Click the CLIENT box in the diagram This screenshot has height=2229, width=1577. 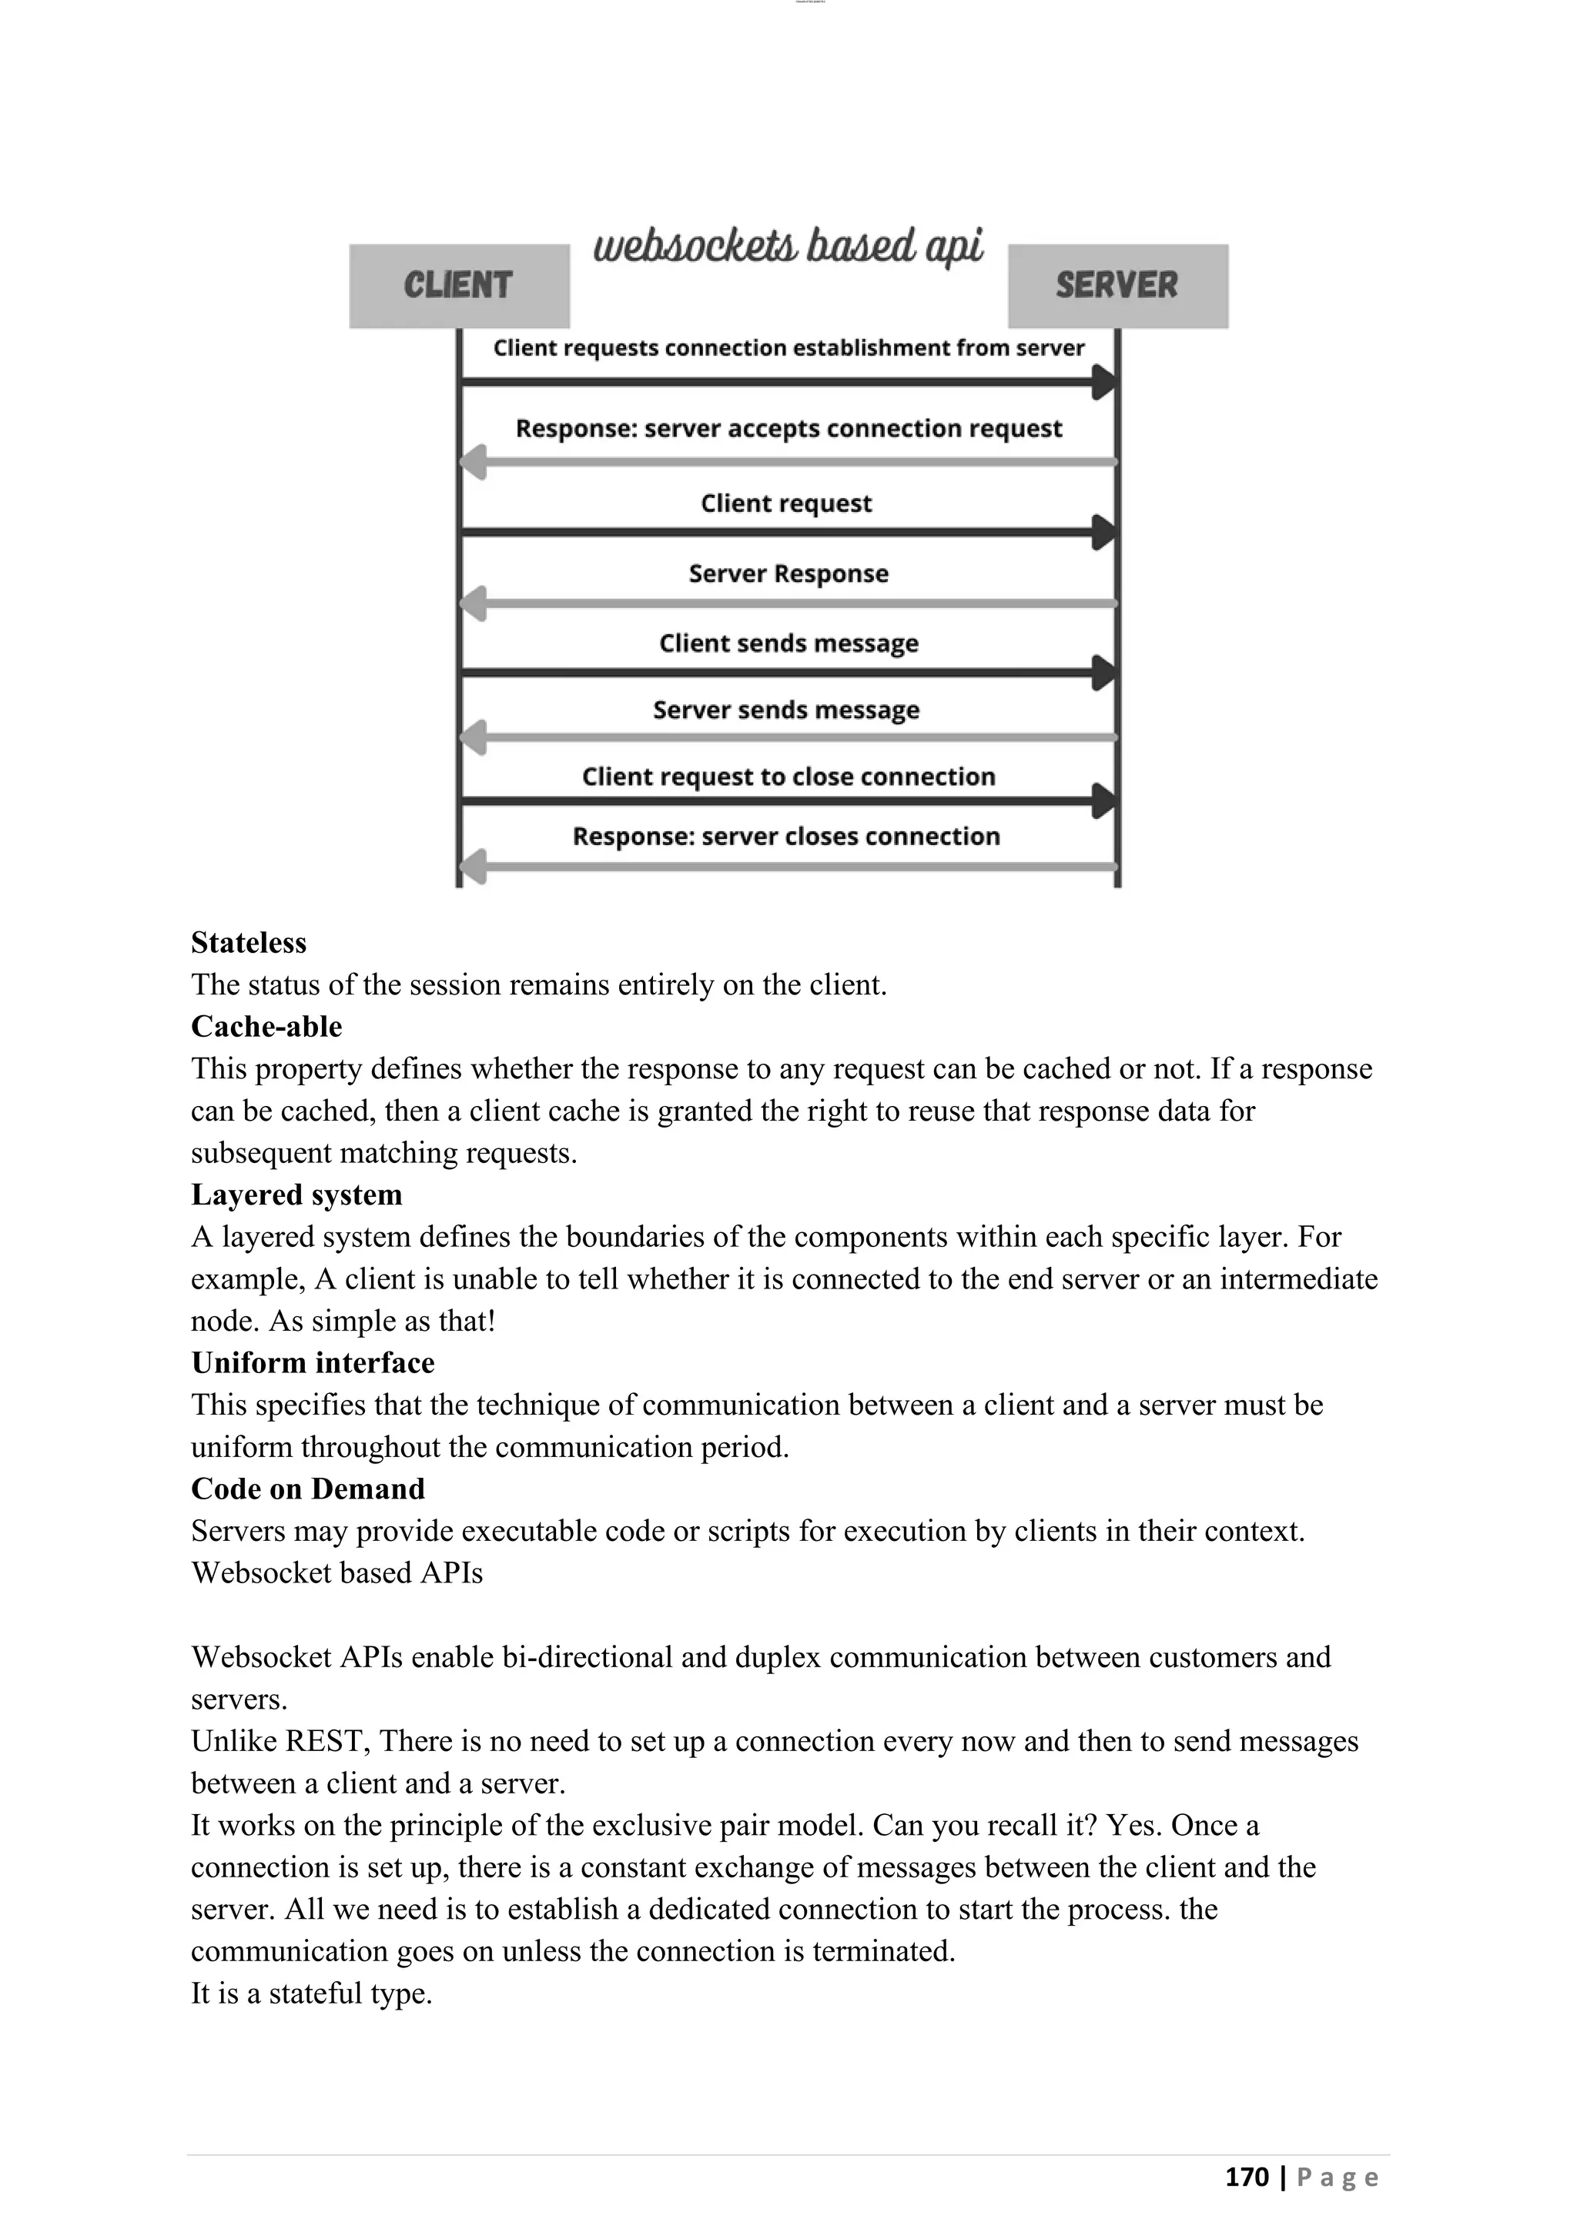[458, 286]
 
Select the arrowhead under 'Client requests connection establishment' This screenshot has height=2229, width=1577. [1103, 383]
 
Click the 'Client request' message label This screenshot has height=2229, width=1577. [786, 503]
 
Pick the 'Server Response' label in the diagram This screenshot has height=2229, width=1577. [788, 573]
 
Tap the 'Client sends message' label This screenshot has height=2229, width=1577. [788, 643]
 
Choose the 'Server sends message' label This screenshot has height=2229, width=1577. [786, 710]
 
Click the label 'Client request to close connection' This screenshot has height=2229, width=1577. [788, 777]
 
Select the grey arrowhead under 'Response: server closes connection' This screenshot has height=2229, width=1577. [473, 865]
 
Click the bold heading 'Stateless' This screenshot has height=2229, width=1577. [249, 943]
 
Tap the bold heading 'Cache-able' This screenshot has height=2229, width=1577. [266, 1026]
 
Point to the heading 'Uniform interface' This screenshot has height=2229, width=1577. [313, 1363]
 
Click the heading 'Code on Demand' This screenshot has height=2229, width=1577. [308, 1489]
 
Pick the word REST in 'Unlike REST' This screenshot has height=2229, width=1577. [327, 1741]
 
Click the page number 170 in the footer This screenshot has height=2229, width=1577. [1247, 2177]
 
